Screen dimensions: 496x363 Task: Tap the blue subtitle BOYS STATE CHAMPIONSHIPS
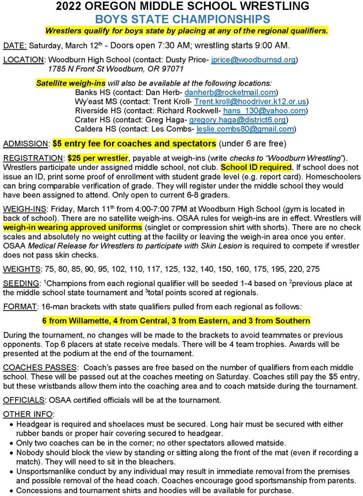tap(181, 19)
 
